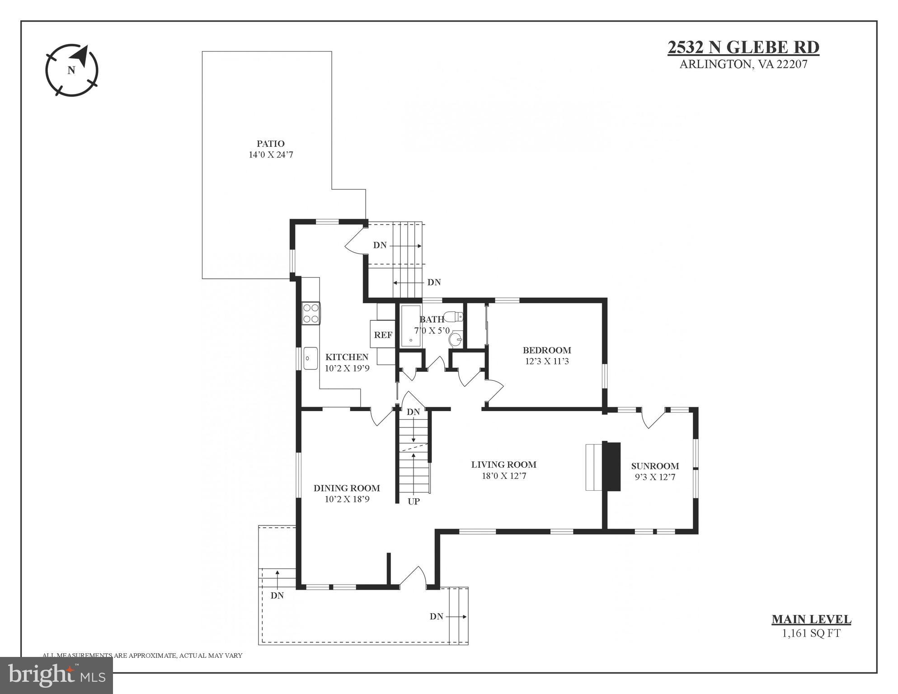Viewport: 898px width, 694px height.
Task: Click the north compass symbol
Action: pyautogui.click(x=72, y=70)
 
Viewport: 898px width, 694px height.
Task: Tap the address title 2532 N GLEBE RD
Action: pyautogui.click(x=743, y=47)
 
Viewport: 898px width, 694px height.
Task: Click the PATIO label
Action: pyautogui.click(x=270, y=144)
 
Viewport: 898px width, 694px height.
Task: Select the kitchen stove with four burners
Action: pyautogui.click(x=311, y=313)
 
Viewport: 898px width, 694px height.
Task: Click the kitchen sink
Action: pyautogui.click(x=310, y=358)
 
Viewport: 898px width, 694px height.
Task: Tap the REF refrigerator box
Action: pyautogui.click(x=383, y=335)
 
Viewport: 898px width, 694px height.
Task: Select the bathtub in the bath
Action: pyautogui.click(x=410, y=326)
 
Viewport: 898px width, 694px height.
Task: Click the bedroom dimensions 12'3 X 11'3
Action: pyautogui.click(x=546, y=361)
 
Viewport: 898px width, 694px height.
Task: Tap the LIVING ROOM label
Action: pyautogui.click(x=503, y=464)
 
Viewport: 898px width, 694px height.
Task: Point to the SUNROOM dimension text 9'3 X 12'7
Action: pyautogui.click(x=654, y=477)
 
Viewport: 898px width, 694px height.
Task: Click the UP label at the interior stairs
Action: pyautogui.click(x=414, y=501)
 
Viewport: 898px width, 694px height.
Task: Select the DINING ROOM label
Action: pyautogui.click(x=347, y=488)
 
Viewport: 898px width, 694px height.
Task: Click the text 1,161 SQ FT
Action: pyautogui.click(x=811, y=633)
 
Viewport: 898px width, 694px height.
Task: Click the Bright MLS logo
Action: pyautogui.click(x=56, y=675)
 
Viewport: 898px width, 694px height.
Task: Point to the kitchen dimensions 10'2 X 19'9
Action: pyautogui.click(x=347, y=368)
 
